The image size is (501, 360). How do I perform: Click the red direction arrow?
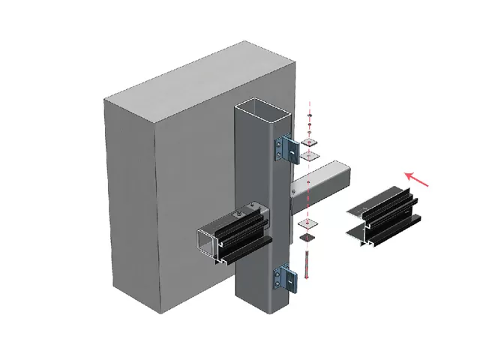(x=419, y=178)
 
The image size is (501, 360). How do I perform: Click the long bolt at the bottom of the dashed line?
(x=307, y=262)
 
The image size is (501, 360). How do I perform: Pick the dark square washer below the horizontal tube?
(x=308, y=237)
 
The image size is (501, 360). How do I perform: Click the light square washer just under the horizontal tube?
(x=308, y=223)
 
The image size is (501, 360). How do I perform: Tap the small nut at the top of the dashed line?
(x=310, y=124)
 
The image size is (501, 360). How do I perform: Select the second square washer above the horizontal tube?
(x=310, y=156)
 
